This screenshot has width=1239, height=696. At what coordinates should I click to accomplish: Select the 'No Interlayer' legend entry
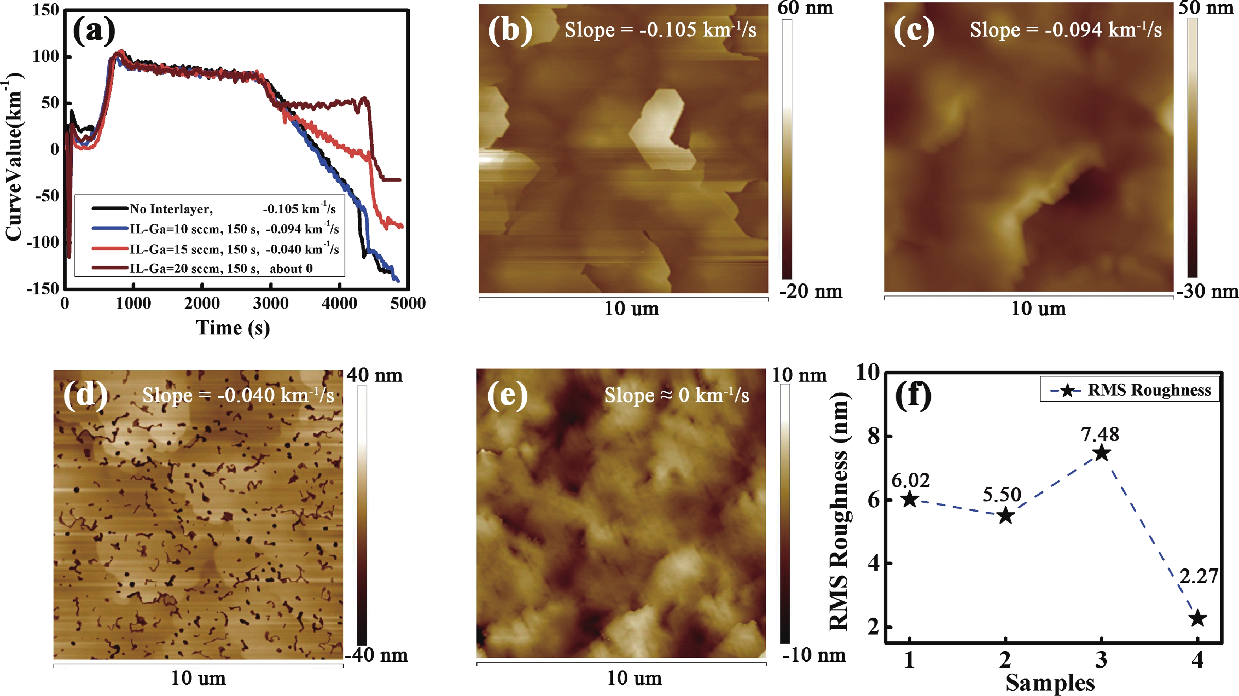click(x=171, y=209)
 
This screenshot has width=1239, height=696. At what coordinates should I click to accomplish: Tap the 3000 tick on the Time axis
click(x=270, y=304)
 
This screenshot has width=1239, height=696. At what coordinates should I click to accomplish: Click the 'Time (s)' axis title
click(x=233, y=328)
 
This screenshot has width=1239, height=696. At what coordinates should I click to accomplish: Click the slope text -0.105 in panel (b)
click(x=660, y=30)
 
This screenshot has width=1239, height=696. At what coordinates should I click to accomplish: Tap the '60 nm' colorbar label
click(x=805, y=8)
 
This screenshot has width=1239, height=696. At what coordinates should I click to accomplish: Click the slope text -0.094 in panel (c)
click(x=1066, y=30)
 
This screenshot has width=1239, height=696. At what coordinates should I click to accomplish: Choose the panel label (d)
click(x=85, y=396)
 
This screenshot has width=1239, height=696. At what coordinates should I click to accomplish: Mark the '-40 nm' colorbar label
click(x=376, y=655)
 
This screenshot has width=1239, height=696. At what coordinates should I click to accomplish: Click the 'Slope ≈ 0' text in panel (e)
click(x=676, y=396)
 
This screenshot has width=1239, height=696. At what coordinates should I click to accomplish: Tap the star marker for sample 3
click(x=1101, y=453)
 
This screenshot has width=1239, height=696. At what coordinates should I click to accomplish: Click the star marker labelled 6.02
click(x=909, y=500)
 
